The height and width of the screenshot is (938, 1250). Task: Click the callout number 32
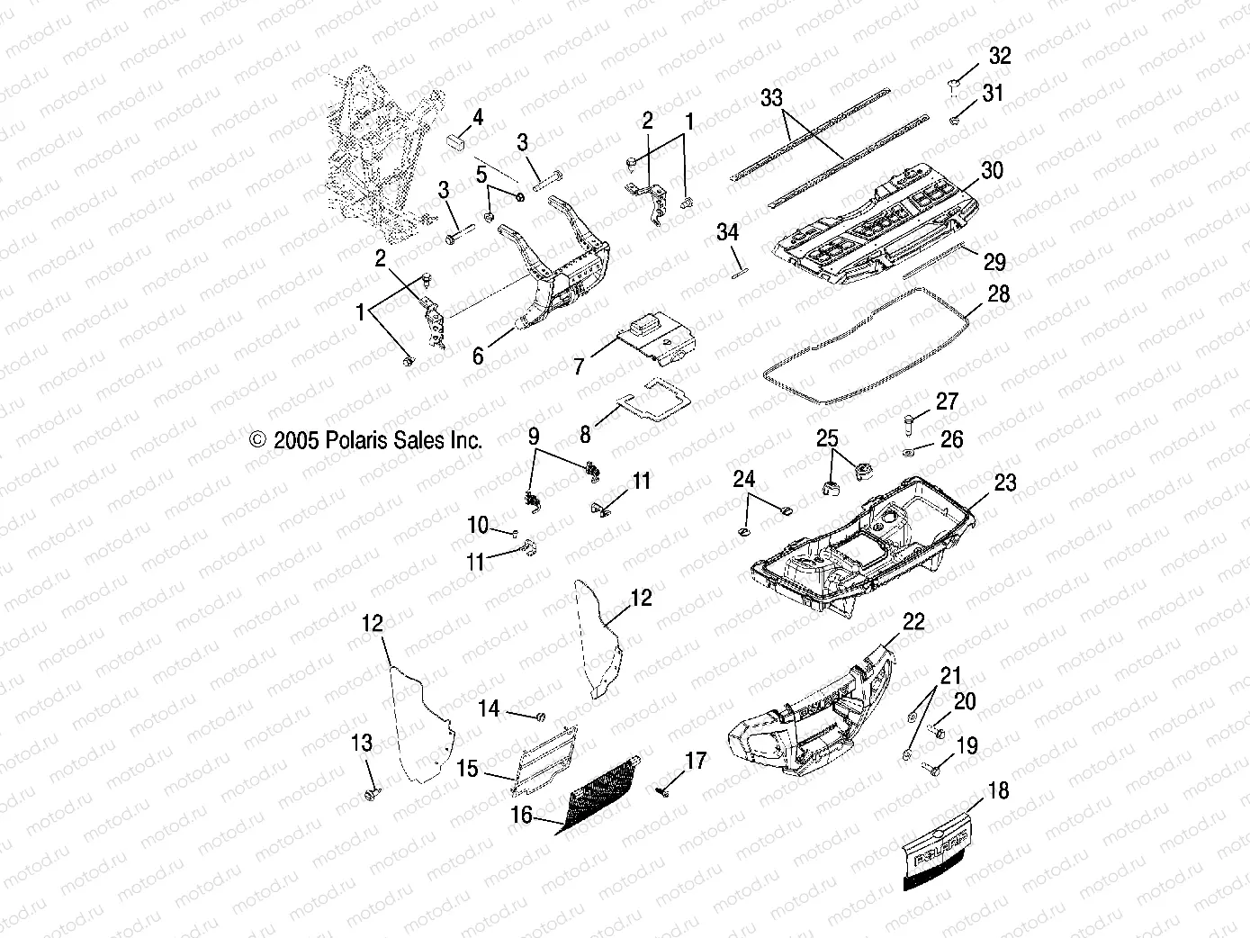1000,56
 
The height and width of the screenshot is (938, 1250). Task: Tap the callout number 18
998,790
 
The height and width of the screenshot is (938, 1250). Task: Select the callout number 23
1004,483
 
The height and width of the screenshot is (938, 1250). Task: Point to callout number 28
998,294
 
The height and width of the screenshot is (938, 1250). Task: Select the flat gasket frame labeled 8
650,401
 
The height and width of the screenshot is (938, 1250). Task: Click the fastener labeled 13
370,795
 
